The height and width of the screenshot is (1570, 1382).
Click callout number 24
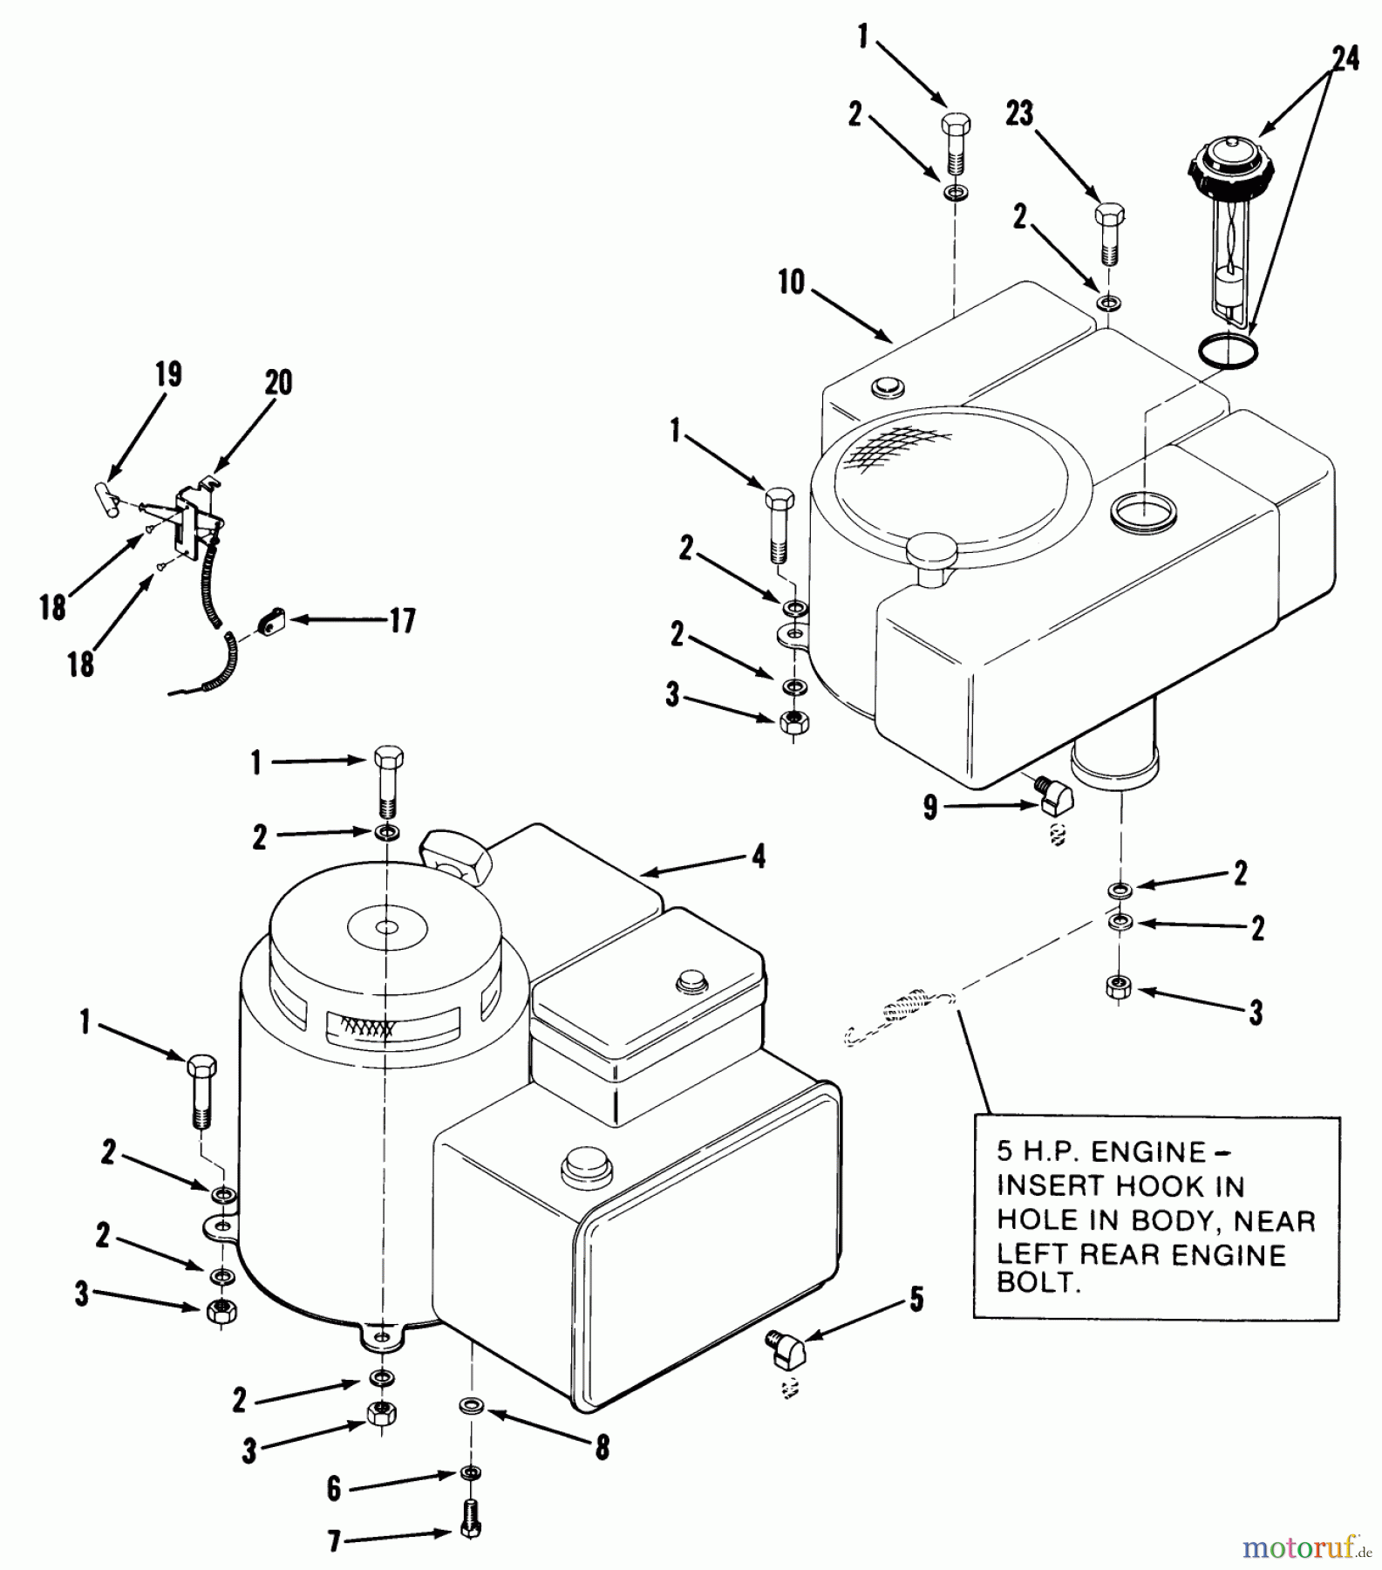point(1345,60)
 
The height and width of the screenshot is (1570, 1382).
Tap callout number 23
point(1019,113)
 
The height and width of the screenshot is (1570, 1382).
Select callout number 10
point(791,282)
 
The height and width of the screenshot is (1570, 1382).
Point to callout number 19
point(168,375)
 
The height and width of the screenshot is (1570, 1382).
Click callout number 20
point(279,383)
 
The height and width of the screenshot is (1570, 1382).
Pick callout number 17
point(402,621)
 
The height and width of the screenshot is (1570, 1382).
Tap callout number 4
point(759,857)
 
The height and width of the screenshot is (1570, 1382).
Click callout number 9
point(930,808)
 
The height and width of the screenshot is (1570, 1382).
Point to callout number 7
point(335,1543)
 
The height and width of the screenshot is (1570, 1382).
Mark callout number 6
point(335,1488)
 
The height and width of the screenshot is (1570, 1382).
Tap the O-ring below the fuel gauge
point(1229,350)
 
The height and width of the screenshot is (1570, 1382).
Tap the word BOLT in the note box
point(1038,1286)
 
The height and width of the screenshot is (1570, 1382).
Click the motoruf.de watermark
point(1300,1547)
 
